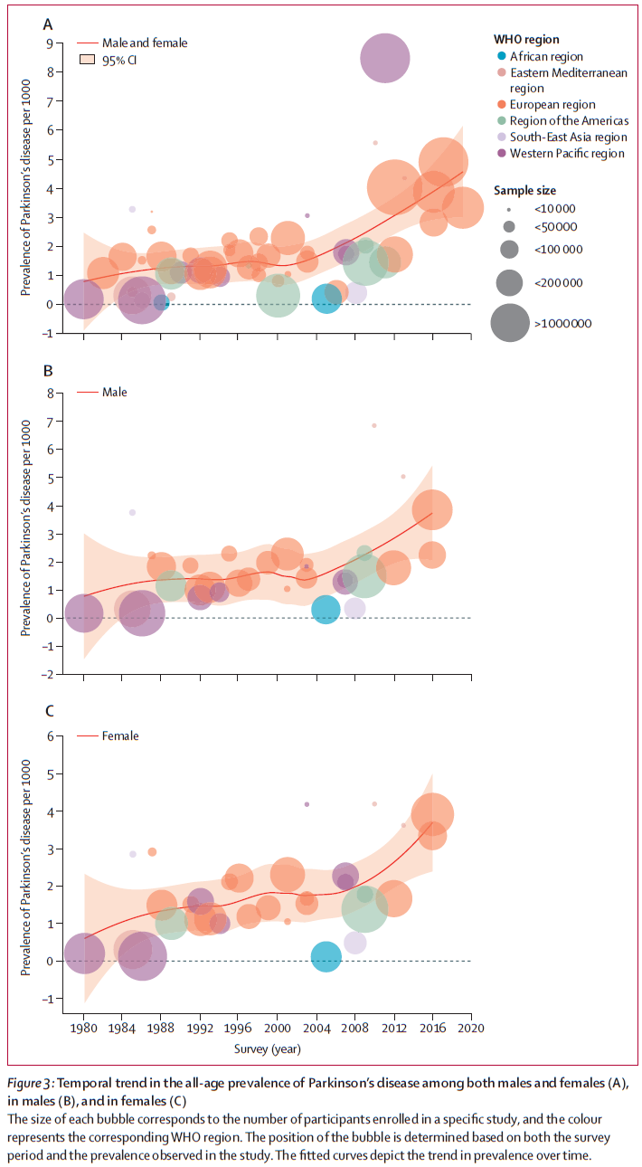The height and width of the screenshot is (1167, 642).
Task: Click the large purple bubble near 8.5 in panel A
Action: click(x=384, y=58)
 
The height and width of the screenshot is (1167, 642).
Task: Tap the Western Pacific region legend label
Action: click(x=567, y=153)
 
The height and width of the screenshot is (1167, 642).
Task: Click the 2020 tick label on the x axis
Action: click(x=470, y=1029)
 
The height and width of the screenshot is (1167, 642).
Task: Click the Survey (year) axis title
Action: click(x=269, y=1049)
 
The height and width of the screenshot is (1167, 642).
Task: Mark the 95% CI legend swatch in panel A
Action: click(x=87, y=60)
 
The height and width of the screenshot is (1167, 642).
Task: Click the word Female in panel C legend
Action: click(x=120, y=736)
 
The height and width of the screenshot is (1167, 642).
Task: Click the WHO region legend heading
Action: click(x=526, y=39)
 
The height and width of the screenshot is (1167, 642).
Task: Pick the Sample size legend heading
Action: click(x=524, y=190)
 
